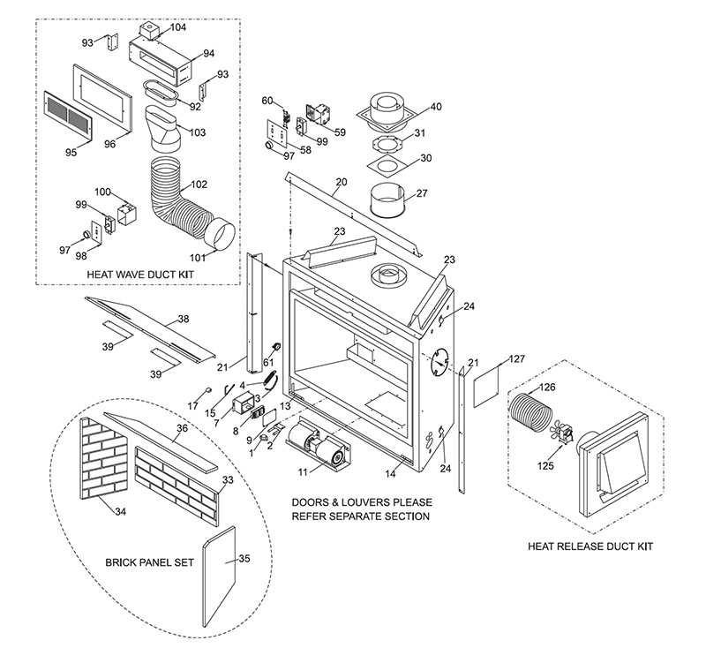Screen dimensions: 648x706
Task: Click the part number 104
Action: point(178,27)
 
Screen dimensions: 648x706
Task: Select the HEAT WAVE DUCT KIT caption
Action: point(140,275)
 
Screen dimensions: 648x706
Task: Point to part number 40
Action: point(436,107)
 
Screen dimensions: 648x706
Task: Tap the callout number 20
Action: point(342,183)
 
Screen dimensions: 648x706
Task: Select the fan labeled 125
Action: point(560,433)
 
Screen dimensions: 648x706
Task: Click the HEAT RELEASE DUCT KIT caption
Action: point(590,546)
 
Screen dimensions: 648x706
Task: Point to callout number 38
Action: point(184,318)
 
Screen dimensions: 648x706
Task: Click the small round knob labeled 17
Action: point(208,389)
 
